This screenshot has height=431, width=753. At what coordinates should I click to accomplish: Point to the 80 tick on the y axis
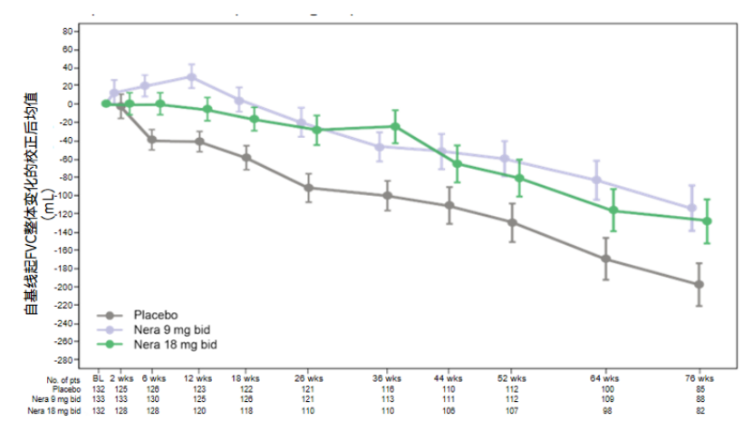65,31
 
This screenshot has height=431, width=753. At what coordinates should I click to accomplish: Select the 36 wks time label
388,377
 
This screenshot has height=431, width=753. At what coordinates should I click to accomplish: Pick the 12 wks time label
198,377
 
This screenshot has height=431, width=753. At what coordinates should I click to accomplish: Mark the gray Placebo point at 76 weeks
698,284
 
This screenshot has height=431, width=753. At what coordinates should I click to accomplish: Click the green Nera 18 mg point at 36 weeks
394,126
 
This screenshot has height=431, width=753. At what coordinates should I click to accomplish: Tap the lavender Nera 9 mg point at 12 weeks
191,76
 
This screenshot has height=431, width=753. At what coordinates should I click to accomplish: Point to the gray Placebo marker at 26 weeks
309,188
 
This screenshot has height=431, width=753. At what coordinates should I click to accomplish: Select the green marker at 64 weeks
613,211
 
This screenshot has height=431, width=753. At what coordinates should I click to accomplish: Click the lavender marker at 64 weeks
596,180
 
